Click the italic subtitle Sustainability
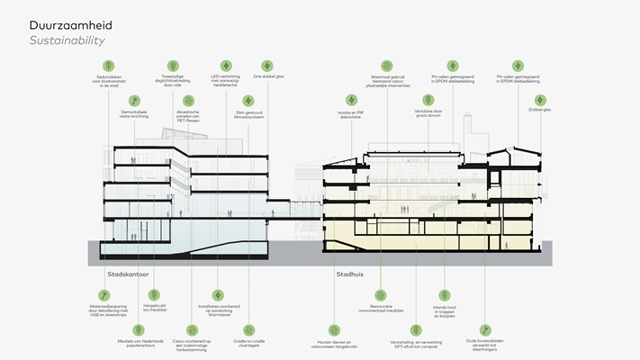(x=67, y=41)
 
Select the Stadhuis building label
(x=349, y=273)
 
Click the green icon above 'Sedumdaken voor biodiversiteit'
(x=108, y=66)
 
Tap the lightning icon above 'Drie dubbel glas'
(x=266, y=66)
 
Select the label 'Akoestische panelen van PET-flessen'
(x=186, y=116)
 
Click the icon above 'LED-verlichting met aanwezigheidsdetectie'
(x=226, y=66)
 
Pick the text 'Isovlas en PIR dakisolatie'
(x=343, y=115)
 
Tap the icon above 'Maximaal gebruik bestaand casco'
(x=387, y=66)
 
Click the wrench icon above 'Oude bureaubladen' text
(x=486, y=330)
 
